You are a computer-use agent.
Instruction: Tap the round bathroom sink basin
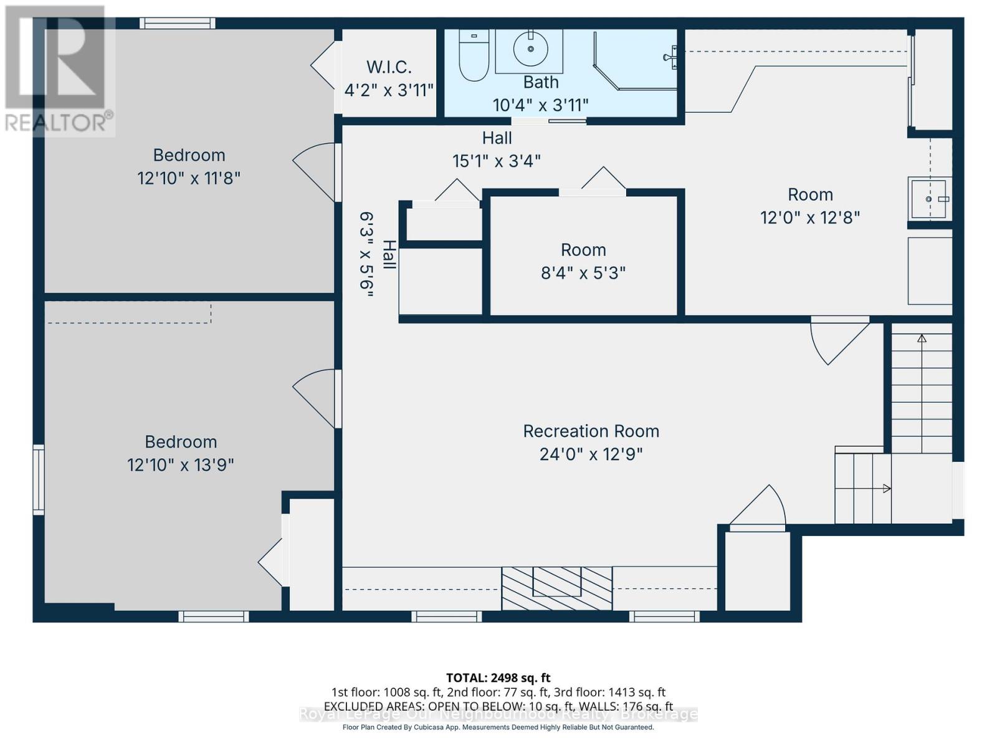point(530,48)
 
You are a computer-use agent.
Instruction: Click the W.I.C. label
point(389,67)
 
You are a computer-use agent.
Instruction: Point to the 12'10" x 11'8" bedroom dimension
point(189,178)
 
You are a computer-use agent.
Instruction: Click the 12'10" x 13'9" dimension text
point(181,465)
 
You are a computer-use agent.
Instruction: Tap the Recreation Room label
point(591,431)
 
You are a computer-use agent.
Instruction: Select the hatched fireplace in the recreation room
point(557,588)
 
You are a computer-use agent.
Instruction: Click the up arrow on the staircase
point(922,339)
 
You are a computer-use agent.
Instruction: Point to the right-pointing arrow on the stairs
point(886,489)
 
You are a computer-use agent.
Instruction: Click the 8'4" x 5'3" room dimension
point(583,273)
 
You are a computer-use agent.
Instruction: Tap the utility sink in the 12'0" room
point(928,199)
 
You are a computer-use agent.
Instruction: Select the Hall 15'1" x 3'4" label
point(497,150)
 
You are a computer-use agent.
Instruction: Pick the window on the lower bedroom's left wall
point(39,479)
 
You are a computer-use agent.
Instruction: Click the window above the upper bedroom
point(178,24)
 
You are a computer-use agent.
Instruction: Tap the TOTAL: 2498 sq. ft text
point(498,678)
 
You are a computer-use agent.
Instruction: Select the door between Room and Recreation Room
point(838,340)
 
